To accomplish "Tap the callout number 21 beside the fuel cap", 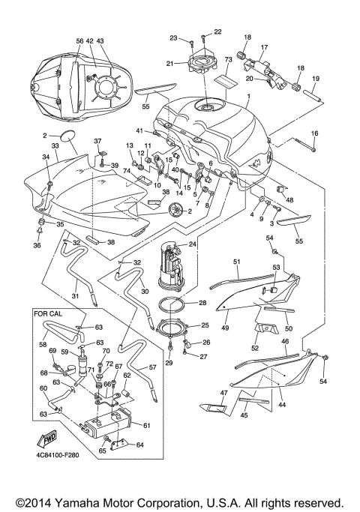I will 169,64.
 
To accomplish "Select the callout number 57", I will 174,368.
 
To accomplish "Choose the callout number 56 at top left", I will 79,41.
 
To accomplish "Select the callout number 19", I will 316,79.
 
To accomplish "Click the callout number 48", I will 289,200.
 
